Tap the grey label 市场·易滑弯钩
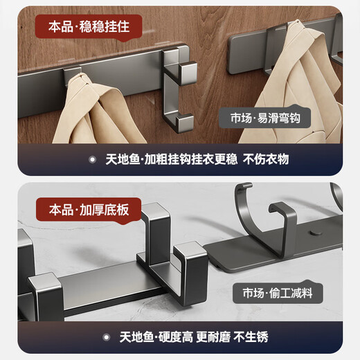pos(267,117)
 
